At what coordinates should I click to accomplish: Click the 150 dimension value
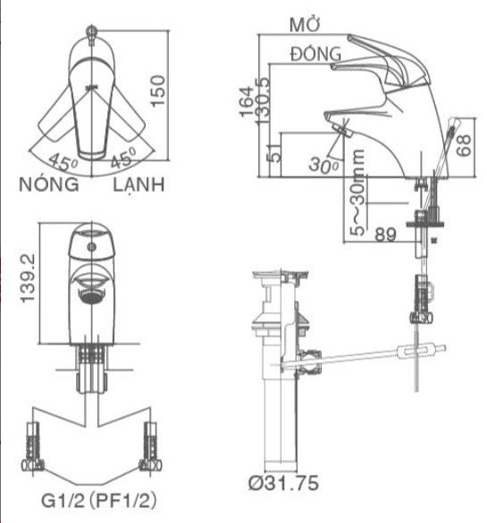coord(158,91)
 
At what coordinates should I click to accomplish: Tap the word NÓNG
coord(49,184)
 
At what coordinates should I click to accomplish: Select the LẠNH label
coord(139,185)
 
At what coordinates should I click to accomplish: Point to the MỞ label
coord(305,24)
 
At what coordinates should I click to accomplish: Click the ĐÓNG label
coord(316,54)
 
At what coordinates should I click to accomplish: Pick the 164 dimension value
coord(247,102)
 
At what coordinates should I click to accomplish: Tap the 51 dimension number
coord(274,154)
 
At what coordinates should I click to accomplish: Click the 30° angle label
coord(323,165)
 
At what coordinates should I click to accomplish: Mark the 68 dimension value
coord(464,145)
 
